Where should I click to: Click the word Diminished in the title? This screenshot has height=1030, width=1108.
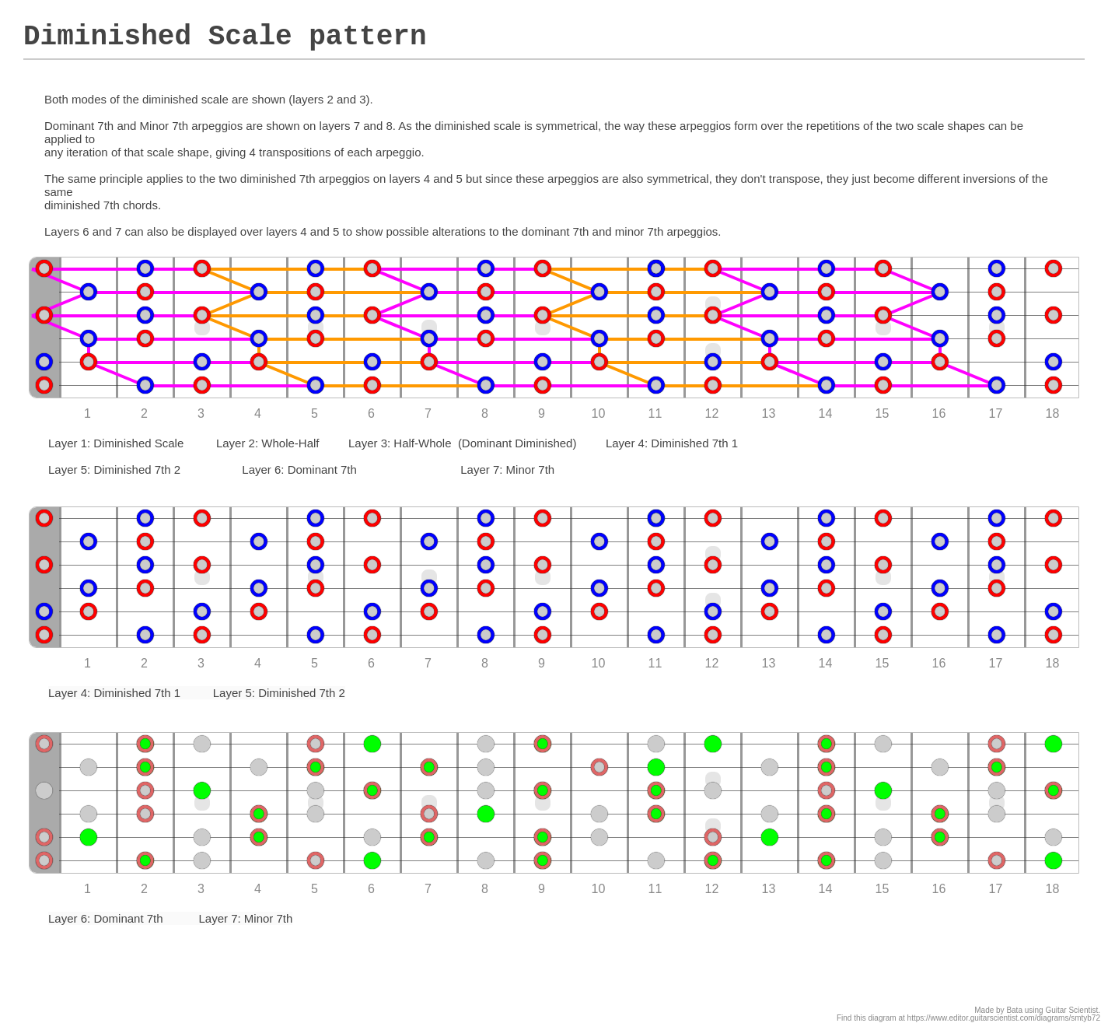coord(107,37)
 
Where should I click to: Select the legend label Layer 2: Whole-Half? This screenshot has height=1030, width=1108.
coord(267,443)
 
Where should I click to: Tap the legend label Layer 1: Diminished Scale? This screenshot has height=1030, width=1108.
coord(116,443)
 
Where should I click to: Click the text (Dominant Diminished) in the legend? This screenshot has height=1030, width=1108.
coord(517,443)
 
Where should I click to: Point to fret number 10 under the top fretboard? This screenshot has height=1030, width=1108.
coord(598,414)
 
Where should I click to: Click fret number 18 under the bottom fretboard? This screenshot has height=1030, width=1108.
coord(1052,889)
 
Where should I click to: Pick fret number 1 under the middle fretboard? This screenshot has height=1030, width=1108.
coord(87,664)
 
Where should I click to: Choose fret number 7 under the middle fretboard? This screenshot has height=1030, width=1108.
coord(428,664)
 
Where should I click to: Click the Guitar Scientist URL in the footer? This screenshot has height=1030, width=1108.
coord(1003,1018)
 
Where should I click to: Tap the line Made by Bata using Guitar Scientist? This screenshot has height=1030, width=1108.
coord(1036,1010)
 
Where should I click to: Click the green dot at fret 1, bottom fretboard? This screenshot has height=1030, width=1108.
coord(89,837)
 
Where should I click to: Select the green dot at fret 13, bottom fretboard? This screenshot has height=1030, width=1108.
coord(770,837)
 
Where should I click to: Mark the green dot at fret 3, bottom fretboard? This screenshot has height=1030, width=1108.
coord(202,790)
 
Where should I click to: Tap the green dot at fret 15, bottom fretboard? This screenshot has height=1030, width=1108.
coord(883,790)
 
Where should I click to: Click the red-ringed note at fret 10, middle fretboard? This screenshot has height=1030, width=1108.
coord(599,611)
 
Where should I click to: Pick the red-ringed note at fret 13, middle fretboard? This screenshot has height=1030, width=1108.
coord(770,611)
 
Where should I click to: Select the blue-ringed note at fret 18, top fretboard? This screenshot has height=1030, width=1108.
coord(1054,362)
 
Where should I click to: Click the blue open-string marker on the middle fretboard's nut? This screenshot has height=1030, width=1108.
coord(44,611)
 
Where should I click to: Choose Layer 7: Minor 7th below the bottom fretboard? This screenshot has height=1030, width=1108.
coord(246,919)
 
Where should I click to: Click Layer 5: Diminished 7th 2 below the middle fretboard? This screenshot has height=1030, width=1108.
coord(278,693)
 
